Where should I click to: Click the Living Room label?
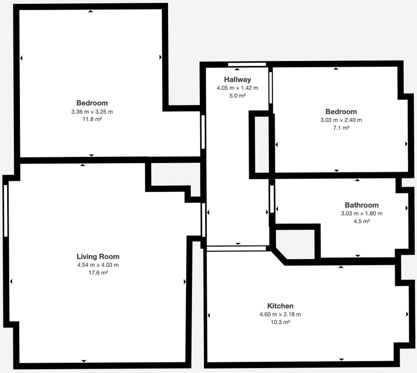98,256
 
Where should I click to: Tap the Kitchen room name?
280,306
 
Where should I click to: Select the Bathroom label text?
361,205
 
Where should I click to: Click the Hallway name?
237,79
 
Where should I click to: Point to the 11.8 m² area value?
92,119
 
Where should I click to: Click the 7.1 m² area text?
341,128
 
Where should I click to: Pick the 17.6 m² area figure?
98,273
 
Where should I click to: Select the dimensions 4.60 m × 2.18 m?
280,314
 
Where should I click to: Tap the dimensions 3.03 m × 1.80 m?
361,213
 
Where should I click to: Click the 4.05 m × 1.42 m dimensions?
237,88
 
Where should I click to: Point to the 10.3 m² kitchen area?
280,322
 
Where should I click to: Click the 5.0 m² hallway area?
237,96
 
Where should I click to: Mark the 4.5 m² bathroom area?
361,221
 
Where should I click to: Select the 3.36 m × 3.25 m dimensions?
92,111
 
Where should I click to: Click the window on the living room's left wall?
6,211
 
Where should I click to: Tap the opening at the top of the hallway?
247,65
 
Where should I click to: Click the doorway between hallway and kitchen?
236,248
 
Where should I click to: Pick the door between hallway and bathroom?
272,199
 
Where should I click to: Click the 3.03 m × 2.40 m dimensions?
341,120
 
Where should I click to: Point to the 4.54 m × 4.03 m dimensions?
98,265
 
